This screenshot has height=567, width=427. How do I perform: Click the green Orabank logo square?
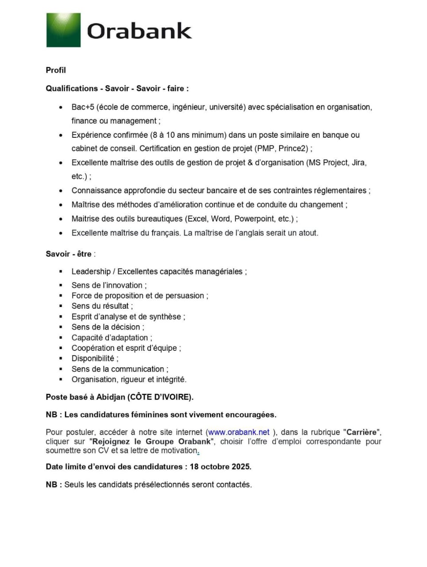tap(63, 30)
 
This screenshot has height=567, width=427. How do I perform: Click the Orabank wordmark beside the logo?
tap(139, 31)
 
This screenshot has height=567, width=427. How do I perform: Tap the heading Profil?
tap(56, 70)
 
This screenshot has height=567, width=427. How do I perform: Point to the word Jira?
tap(358, 163)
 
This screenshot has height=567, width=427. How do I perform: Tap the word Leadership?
tap(91, 272)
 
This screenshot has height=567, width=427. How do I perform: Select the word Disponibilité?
tap(92, 358)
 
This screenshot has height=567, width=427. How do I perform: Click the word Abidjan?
tap(111, 397)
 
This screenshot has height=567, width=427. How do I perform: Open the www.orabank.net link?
tap(239, 432)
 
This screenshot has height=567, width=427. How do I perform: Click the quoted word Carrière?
tap(362, 432)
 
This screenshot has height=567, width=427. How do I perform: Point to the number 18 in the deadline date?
tap(194, 466)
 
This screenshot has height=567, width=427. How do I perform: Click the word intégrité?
tap(171, 380)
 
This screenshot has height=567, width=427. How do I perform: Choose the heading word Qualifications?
tap(72, 89)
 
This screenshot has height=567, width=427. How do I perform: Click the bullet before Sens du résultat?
tap(61, 306)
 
